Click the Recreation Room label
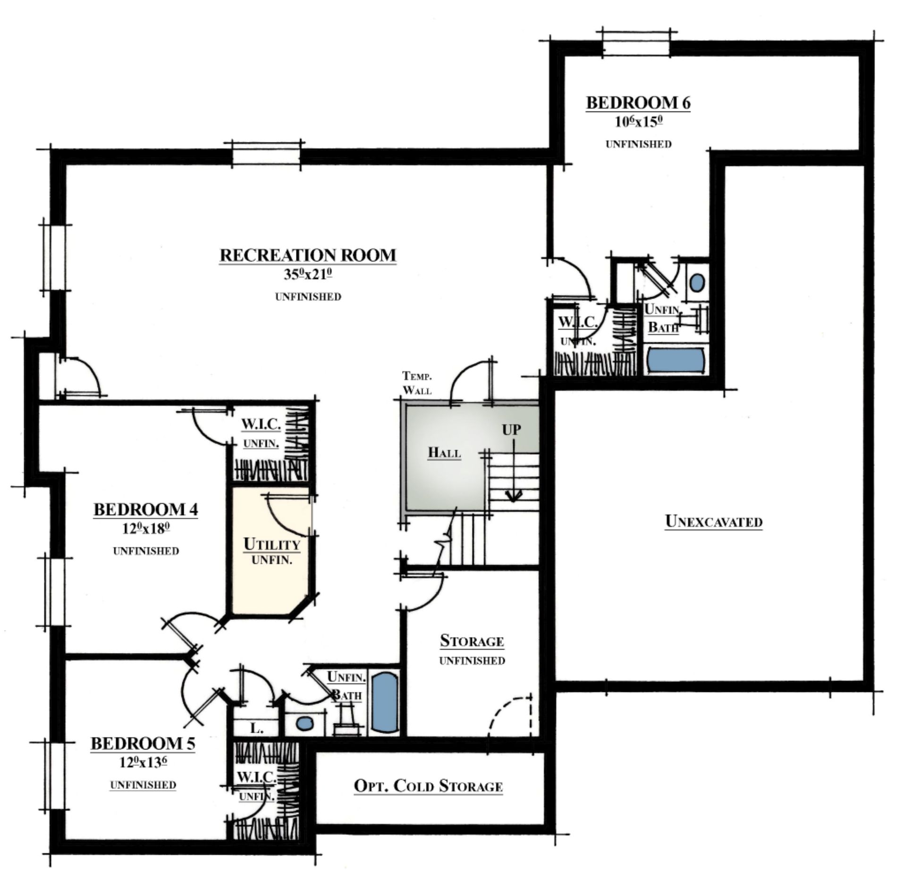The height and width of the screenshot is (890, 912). [x=308, y=255]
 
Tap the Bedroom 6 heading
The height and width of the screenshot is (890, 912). [x=638, y=103]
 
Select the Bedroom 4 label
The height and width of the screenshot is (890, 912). [x=146, y=510]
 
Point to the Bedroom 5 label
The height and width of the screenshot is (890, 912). [x=143, y=744]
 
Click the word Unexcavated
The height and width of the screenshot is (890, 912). [x=714, y=522]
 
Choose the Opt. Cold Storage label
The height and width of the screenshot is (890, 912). [x=428, y=786]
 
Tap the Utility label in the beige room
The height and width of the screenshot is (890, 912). [x=272, y=544]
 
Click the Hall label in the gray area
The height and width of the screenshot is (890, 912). [x=444, y=453]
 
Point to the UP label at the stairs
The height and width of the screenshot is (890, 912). [x=512, y=430]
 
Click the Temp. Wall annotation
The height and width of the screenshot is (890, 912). [x=417, y=383]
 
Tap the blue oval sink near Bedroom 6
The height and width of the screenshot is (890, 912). [x=697, y=283]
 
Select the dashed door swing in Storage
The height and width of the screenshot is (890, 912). [x=511, y=714]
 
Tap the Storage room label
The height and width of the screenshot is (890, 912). [x=472, y=641]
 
